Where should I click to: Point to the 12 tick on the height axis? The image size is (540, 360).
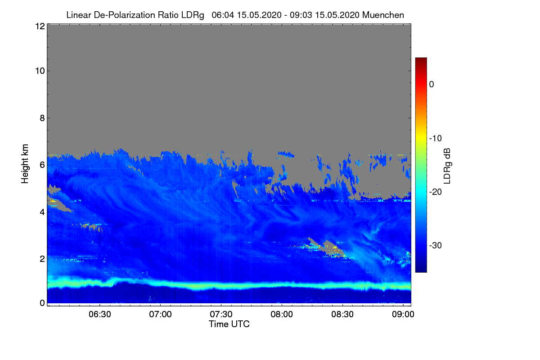pyautogui.click(x=40, y=26)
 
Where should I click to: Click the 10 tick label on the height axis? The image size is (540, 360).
pyautogui.click(x=40, y=71)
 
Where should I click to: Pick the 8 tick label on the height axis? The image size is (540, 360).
pyautogui.click(x=42, y=118)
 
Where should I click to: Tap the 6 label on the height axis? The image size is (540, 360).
pyautogui.click(x=42, y=165)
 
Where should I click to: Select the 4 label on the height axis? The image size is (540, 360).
pyautogui.click(x=42, y=211)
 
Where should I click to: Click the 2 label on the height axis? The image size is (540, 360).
pyautogui.click(x=42, y=258)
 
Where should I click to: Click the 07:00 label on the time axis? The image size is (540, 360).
pyautogui.click(x=161, y=314)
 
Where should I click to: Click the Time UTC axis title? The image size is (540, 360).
pyautogui.click(x=229, y=324)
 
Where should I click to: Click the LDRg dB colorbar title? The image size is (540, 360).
pyautogui.click(x=447, y=165)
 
